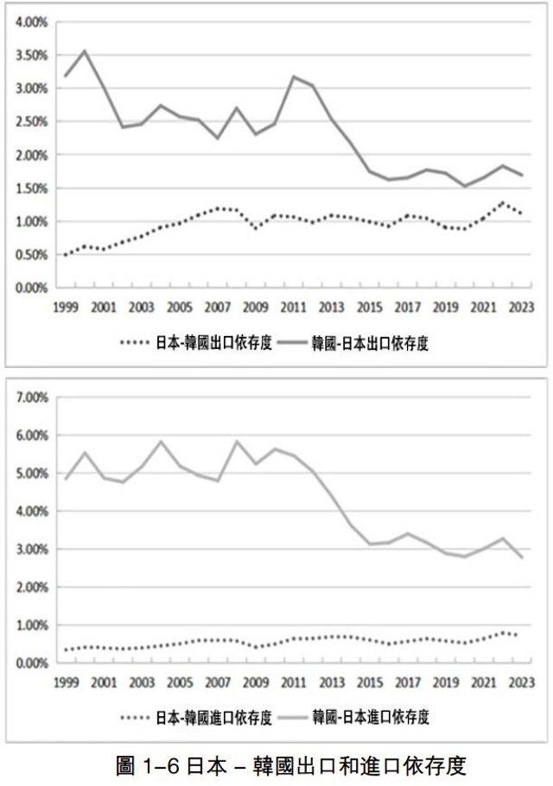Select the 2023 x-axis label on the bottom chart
pos(521,683)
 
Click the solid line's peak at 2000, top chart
pos(85,50)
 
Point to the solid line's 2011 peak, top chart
pos(294,77)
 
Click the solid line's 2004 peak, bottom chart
pos(160,441)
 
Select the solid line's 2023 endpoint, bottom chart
pos(521,558)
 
